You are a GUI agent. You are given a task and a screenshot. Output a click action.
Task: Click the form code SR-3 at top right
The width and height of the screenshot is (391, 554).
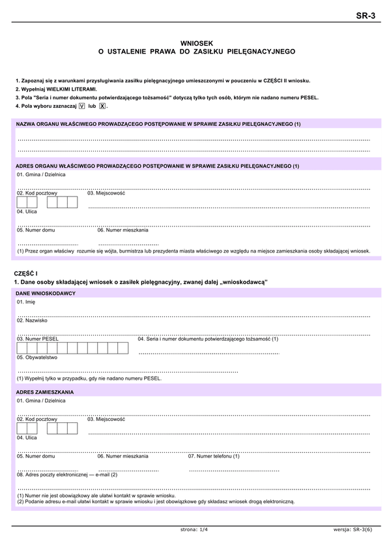(x=367, y=16)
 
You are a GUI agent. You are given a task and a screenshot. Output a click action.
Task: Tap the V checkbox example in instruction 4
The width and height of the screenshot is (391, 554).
(x=81, y=105)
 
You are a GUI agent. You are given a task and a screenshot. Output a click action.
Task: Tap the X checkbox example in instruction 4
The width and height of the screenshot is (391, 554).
(x=102, y=105)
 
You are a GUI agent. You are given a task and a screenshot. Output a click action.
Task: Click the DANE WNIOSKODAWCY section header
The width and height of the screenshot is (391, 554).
(x=46, y=294)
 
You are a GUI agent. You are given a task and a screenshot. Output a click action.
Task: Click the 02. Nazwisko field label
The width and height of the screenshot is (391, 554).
(x=32, y=320)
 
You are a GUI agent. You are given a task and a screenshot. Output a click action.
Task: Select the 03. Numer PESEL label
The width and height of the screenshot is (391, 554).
(x=38, y=339)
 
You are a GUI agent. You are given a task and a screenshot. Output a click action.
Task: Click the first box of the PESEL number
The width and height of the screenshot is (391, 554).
(x=22, y=348)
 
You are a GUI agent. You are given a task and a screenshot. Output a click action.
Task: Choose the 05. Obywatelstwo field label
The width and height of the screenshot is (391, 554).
(x=37, y=358)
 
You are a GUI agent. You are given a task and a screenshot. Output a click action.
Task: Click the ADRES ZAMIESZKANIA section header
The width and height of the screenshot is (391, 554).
(x=45, y=392)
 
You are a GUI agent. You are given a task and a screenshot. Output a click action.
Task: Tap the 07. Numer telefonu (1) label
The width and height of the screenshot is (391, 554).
(x=214, y=456)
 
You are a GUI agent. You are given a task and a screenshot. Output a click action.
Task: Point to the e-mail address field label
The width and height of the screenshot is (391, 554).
(x=67, y=474)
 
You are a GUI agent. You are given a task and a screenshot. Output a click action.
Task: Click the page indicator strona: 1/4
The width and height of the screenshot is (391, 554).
(x=194, y=530)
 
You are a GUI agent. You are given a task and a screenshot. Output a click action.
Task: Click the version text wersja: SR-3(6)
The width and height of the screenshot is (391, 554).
(x=353, y=530)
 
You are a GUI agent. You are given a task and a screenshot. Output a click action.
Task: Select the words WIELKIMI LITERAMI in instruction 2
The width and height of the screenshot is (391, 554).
(x=72, y=89)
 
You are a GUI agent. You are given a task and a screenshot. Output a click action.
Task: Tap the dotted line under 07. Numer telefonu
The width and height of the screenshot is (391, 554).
(x=234, y=470)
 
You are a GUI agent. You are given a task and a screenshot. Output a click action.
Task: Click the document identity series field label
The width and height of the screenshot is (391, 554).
(x=208, y=339)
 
